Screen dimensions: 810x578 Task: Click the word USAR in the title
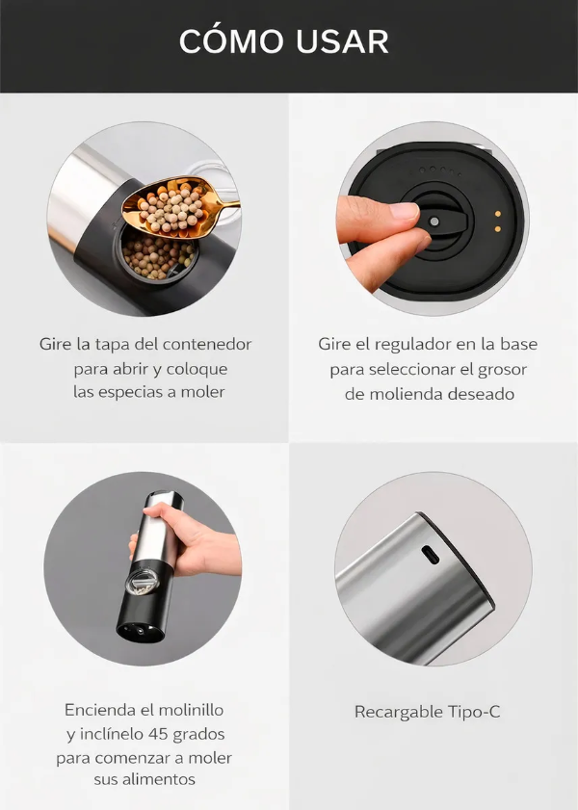click(344, 41)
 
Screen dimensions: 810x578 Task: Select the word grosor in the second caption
click(501, 369)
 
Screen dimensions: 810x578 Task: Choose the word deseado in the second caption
click(480, 394)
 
